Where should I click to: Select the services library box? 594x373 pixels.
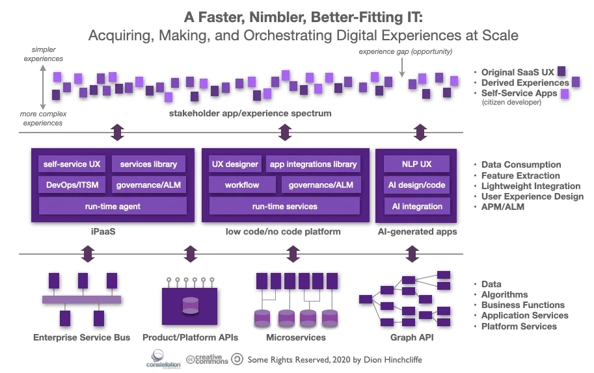tap(149, 164)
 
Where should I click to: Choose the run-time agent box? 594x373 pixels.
tap(113, 206)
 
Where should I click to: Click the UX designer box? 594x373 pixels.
tap(235, 164)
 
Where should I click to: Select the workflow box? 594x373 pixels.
tap(241, 185)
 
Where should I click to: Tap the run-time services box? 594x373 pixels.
tap(284, 206)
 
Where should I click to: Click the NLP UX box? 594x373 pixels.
tap(416, 164)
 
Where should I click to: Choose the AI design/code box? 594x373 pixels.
tap(416, 185)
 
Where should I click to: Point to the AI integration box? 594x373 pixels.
tap(416, 206)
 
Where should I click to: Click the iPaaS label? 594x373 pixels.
tap(112, 232)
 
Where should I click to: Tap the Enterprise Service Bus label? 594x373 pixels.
tap(82, 337)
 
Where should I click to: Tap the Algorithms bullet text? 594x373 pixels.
tap(504, 294)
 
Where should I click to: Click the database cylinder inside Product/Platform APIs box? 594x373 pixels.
tap(191, 305)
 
